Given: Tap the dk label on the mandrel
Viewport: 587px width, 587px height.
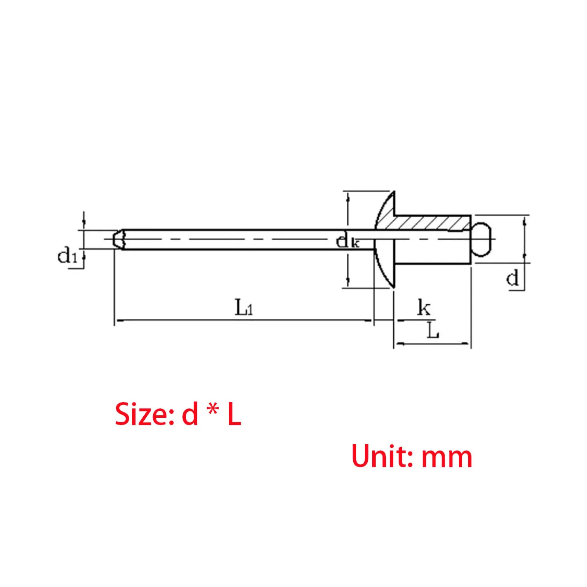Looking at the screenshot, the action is [347, 241].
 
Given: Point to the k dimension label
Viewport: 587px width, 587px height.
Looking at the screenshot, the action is [424, 308].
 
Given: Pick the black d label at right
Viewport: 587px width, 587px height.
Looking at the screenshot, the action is [512, 278].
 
